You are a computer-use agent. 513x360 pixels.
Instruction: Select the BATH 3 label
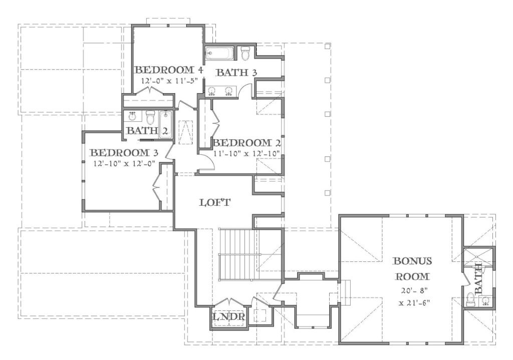pos(236,73)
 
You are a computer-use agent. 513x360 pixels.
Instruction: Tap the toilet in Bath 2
pos(150,117)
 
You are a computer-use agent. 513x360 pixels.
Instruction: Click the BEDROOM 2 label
pos(245,143)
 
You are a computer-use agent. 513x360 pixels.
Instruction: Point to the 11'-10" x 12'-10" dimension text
pos(245,153)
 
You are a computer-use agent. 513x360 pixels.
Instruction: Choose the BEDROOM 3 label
pos(120,153)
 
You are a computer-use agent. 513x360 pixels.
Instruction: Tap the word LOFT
pos(215,203)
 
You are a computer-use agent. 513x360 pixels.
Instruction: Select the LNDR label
pos(228,317)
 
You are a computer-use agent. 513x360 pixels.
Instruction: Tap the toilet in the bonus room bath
pos(470,300)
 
